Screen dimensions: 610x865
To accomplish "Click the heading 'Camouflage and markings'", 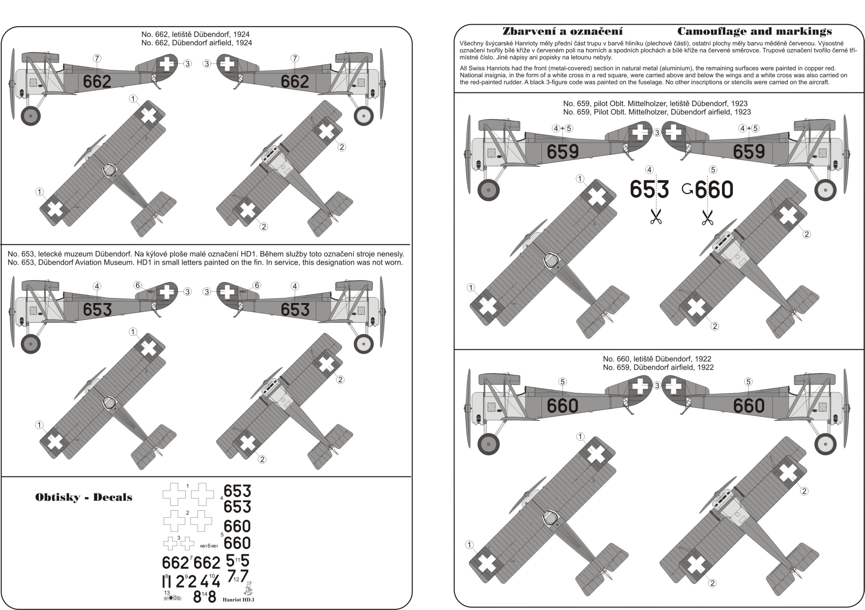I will point(754,31).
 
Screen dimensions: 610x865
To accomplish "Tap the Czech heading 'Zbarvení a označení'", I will point(563,31).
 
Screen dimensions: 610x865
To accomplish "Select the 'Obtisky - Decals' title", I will point(84,497).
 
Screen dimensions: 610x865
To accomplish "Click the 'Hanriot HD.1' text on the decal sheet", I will point(238,599).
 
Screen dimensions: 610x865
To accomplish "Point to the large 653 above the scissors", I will point(649,189).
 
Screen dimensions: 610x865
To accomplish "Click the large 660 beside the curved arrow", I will point(714,189).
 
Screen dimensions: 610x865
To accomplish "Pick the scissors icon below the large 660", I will point(707,218).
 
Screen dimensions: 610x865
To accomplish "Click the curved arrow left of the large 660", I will point(687,189).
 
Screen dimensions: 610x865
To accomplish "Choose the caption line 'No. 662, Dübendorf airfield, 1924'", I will point(197,43).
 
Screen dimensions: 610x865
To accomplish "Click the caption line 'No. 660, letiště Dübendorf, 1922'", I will point(657,359).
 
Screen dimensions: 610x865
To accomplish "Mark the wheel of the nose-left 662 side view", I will point(31,116).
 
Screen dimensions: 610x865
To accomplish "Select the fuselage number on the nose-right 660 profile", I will point(748,406).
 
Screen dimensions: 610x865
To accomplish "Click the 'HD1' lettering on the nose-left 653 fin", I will point(151,292).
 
